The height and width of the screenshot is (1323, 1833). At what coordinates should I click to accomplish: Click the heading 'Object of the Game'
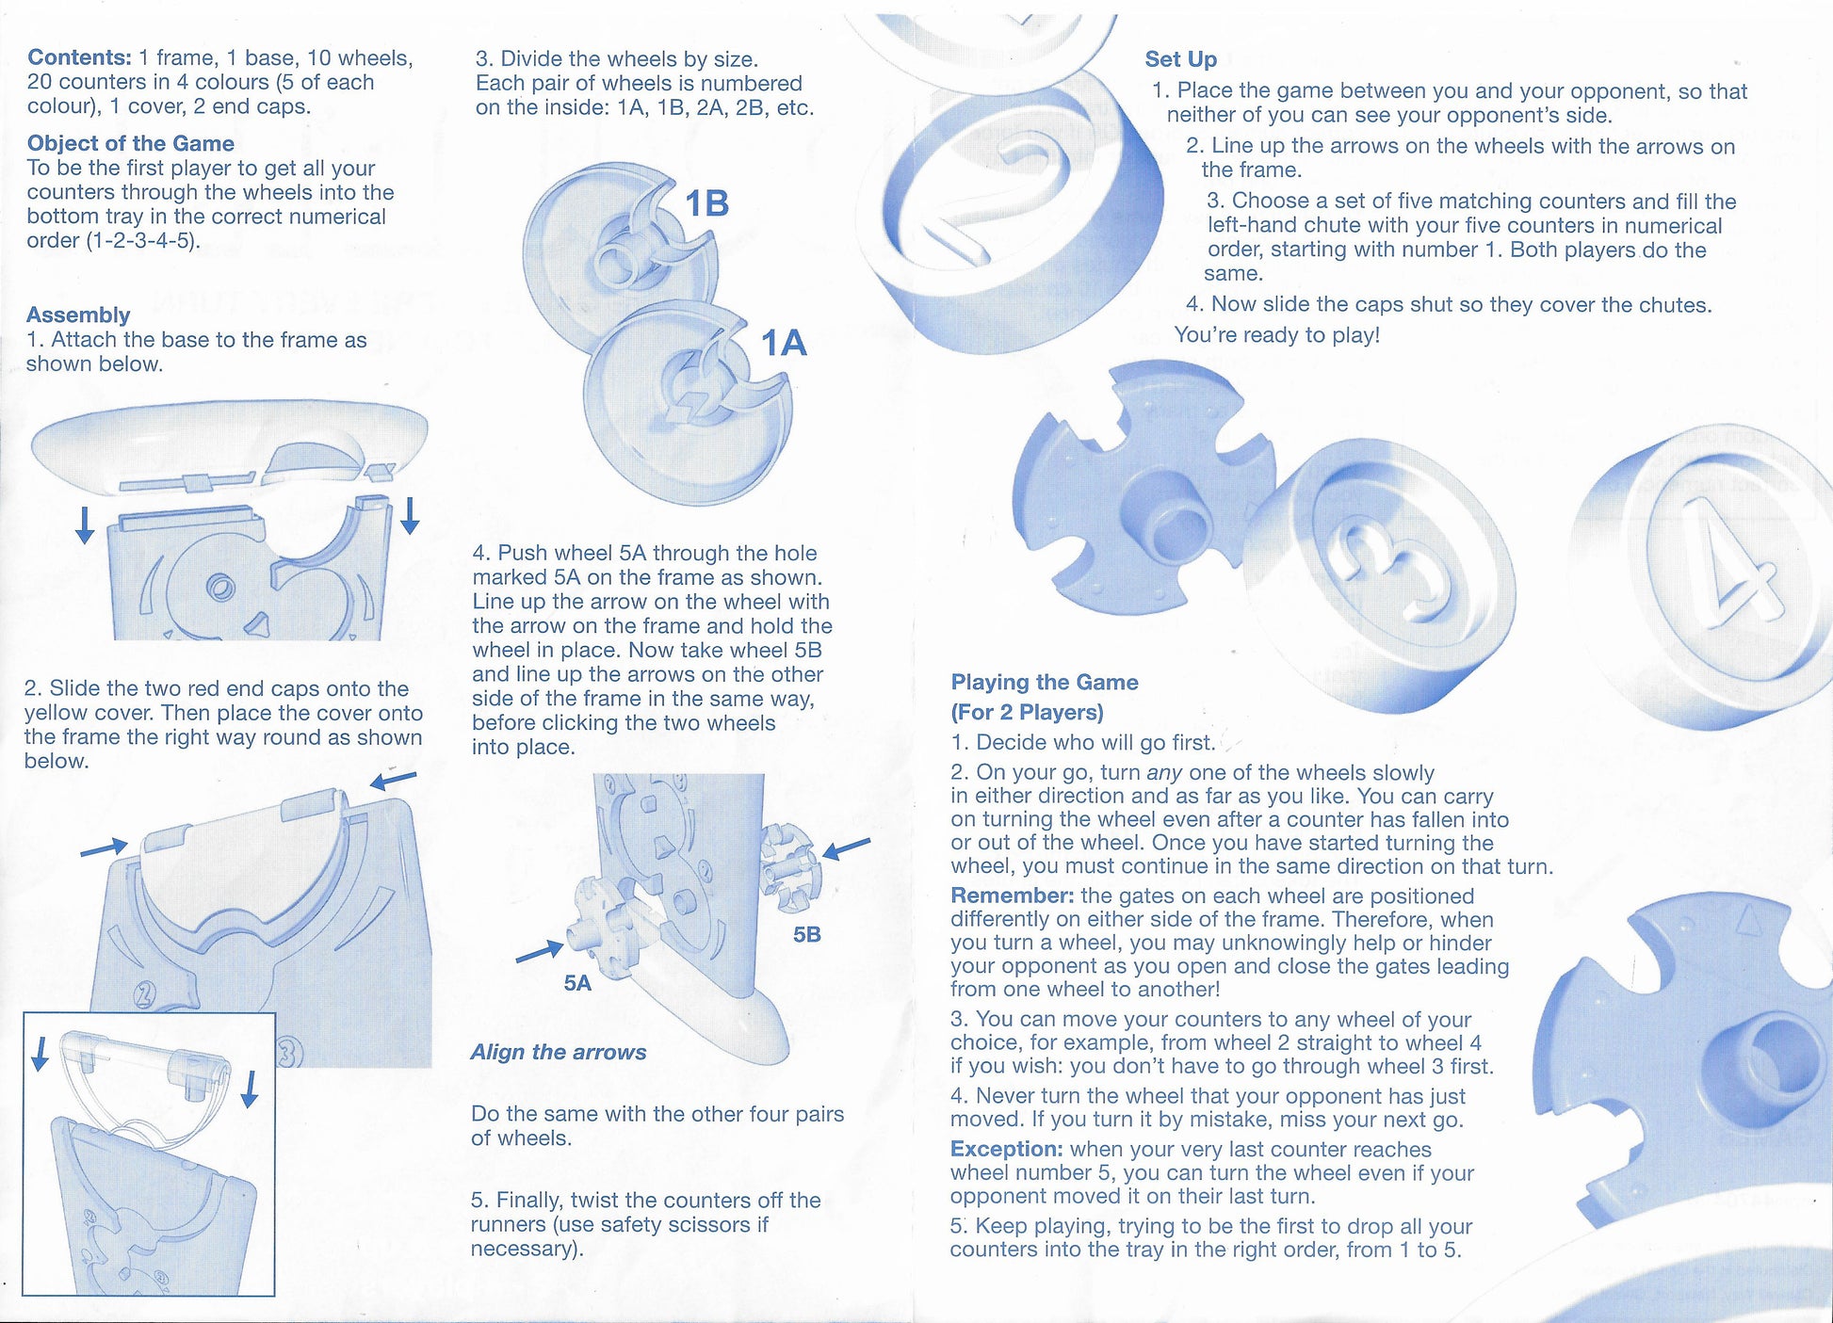click(130, 143)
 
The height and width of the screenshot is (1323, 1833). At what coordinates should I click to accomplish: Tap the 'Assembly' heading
click(78, 315)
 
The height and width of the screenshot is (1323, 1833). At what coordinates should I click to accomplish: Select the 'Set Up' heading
click(1180, 59)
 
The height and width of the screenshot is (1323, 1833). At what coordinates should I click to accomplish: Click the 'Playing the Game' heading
click(1044, 682)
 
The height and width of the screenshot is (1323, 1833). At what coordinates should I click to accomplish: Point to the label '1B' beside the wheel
click(706, 203)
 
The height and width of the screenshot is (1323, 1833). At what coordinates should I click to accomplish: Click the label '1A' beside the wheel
click(784, 343)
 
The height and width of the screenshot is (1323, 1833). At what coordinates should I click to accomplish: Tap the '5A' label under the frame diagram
click(576, 983)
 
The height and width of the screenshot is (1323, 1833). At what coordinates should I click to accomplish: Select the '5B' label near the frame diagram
click(806, 934)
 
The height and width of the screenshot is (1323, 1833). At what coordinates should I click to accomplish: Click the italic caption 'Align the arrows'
click(559, 1052)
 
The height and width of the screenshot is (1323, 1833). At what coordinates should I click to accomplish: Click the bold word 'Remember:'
click(1012, 895)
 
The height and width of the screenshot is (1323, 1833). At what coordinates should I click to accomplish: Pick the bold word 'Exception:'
click(1006, 1149)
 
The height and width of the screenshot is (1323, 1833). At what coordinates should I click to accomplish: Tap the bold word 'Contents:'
click(79, 57)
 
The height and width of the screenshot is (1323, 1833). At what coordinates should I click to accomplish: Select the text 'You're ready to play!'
click(1276, 335)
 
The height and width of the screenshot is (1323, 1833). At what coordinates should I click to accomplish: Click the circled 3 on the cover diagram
click(289, 1050)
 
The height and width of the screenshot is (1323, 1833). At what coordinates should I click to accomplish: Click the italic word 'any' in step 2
click(1163, 773)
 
